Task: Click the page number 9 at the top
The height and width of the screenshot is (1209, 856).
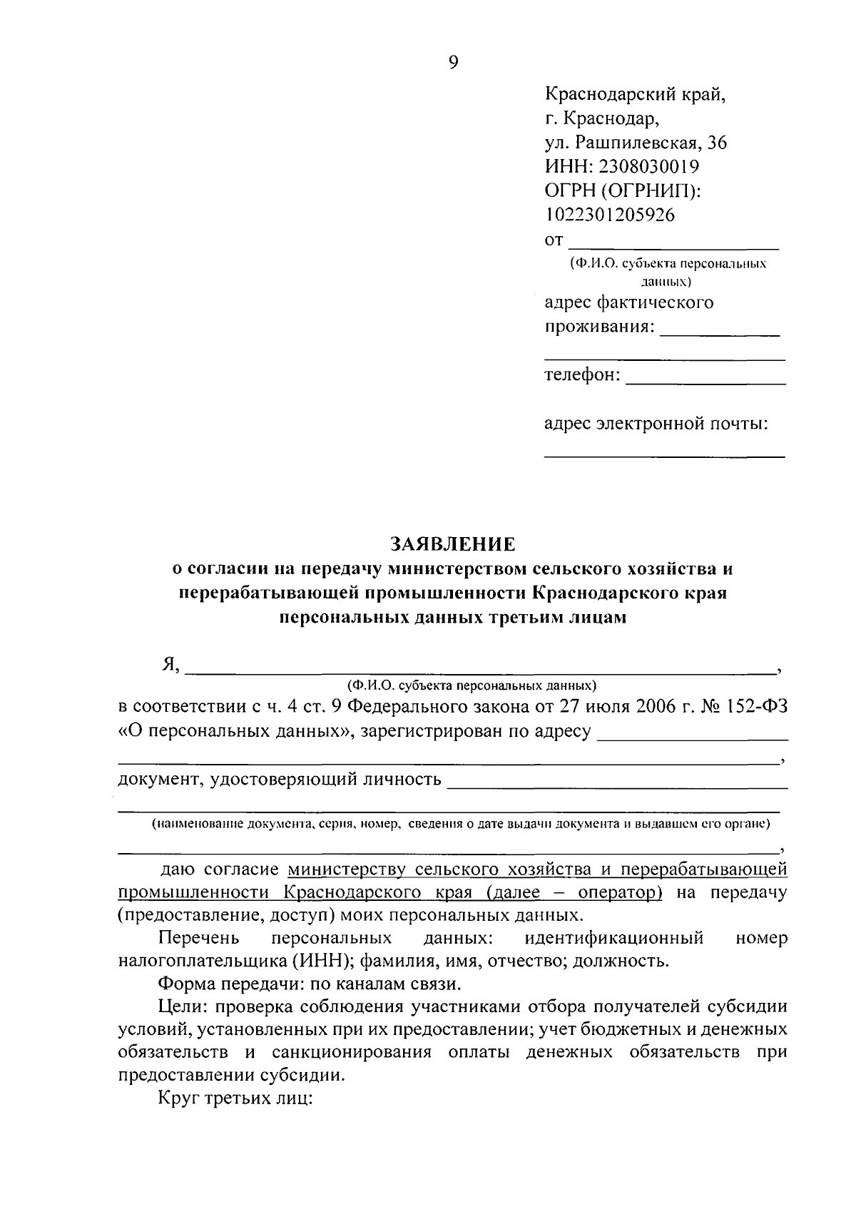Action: click(x=454, y=62)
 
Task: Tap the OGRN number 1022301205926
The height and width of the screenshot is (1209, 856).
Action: click(x=609, y=215)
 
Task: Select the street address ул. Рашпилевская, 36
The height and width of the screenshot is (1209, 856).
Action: click(x=636, y=143)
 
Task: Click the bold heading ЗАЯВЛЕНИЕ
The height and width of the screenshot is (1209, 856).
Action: click(x=453, y=545)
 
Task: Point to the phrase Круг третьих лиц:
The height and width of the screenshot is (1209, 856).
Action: click(x=235, y=1098)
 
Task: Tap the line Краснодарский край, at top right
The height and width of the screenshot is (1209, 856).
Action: click(x=635, y=93)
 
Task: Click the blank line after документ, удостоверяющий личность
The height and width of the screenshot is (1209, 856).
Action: click(x=617, y=784)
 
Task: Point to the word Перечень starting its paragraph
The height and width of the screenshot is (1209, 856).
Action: click(x=195, y=937)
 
